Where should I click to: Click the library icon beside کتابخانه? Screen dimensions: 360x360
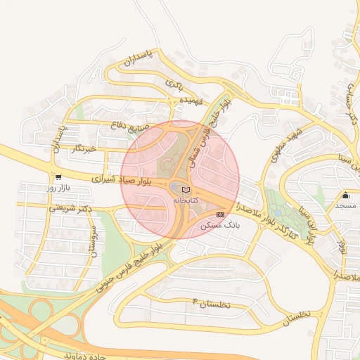click(186, 190)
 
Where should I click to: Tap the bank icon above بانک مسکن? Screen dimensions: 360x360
click(221, 214)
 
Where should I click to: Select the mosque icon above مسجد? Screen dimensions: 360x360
click(345, 195)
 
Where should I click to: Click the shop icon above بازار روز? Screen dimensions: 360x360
click(58, 177)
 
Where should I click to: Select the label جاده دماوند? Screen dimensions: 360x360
click(78, 355)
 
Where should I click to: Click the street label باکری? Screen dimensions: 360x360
click(173, 84)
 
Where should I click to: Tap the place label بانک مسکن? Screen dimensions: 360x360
click(220, 226)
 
